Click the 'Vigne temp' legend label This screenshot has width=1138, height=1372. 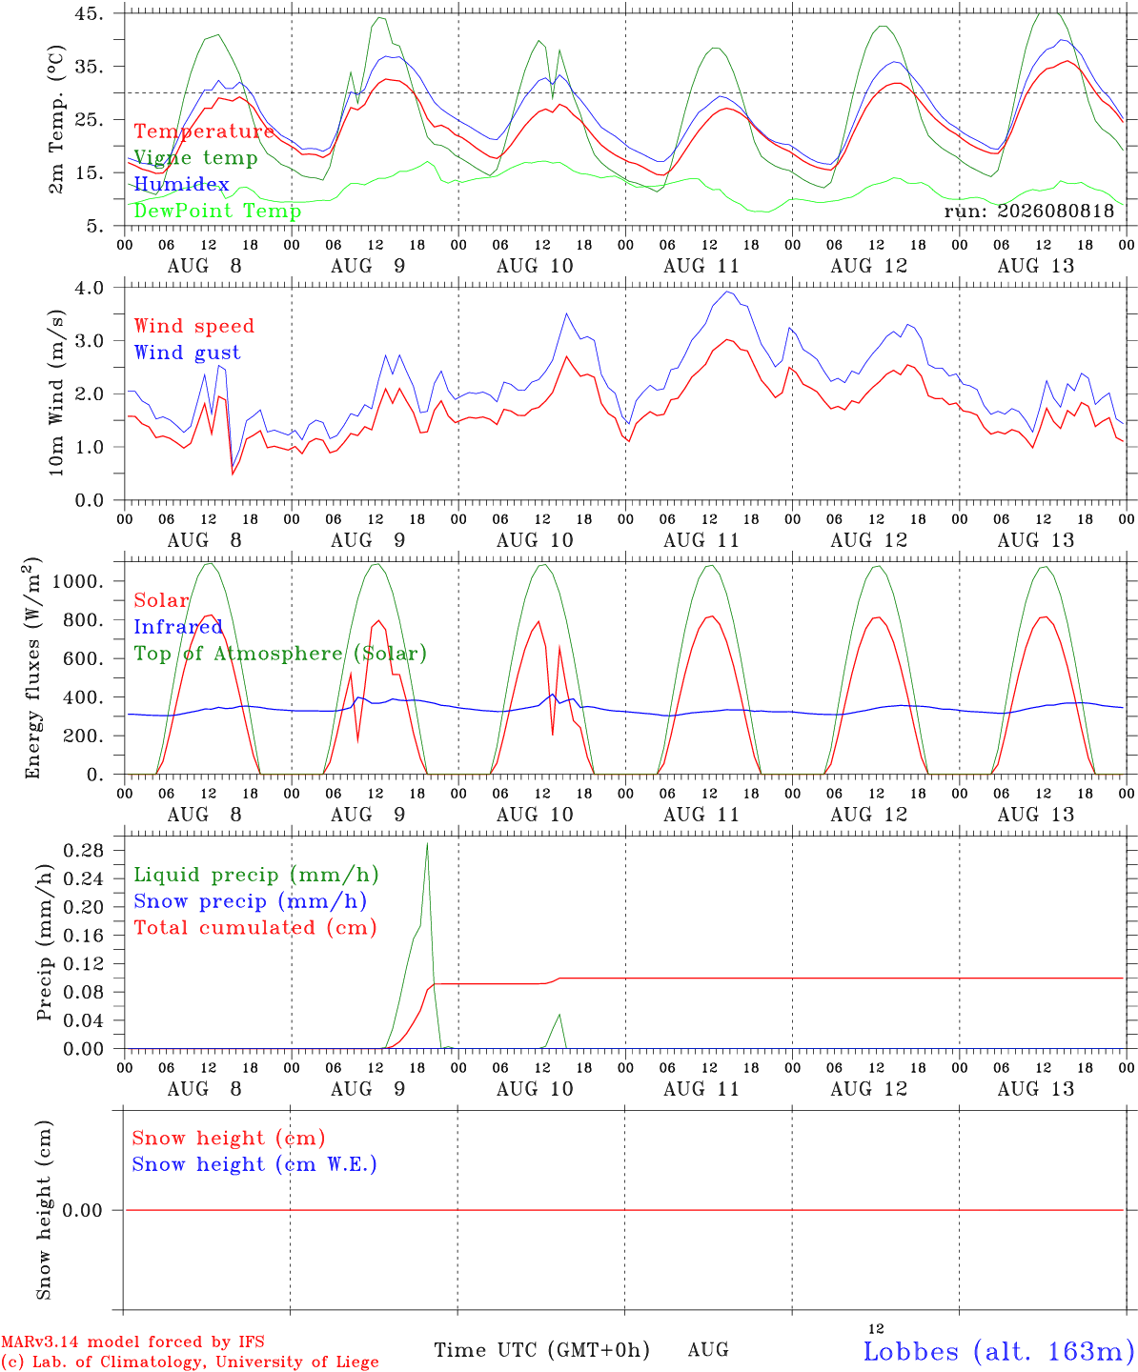coord(195,158)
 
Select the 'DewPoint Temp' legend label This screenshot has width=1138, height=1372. coord(217,211)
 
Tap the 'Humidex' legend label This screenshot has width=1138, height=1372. coord(181,184)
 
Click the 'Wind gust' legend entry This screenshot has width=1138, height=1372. coord(188,353)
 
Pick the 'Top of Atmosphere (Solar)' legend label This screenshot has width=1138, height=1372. coord(280,654)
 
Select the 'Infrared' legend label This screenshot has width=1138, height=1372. coord(178,627)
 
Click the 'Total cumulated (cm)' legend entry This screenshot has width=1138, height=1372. coord(255,928)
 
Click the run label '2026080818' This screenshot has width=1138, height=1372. coord(1055,211)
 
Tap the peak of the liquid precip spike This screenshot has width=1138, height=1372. coord(427,843)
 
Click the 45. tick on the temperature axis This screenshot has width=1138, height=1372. coord(90,13)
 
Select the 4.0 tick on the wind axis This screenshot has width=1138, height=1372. coord(90,288)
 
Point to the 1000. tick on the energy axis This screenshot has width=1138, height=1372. coord(78,581)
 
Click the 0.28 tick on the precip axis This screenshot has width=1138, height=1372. coord(84,850)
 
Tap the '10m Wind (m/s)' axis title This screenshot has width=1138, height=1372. coord(56,393)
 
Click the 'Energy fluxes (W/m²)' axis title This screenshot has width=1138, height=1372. coord(32,668)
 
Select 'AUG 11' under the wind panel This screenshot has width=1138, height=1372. coord(701,540)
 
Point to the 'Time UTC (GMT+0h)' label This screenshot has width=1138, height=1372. coord(541,1350)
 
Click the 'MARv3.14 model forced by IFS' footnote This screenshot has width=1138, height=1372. coord(132,1342)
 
